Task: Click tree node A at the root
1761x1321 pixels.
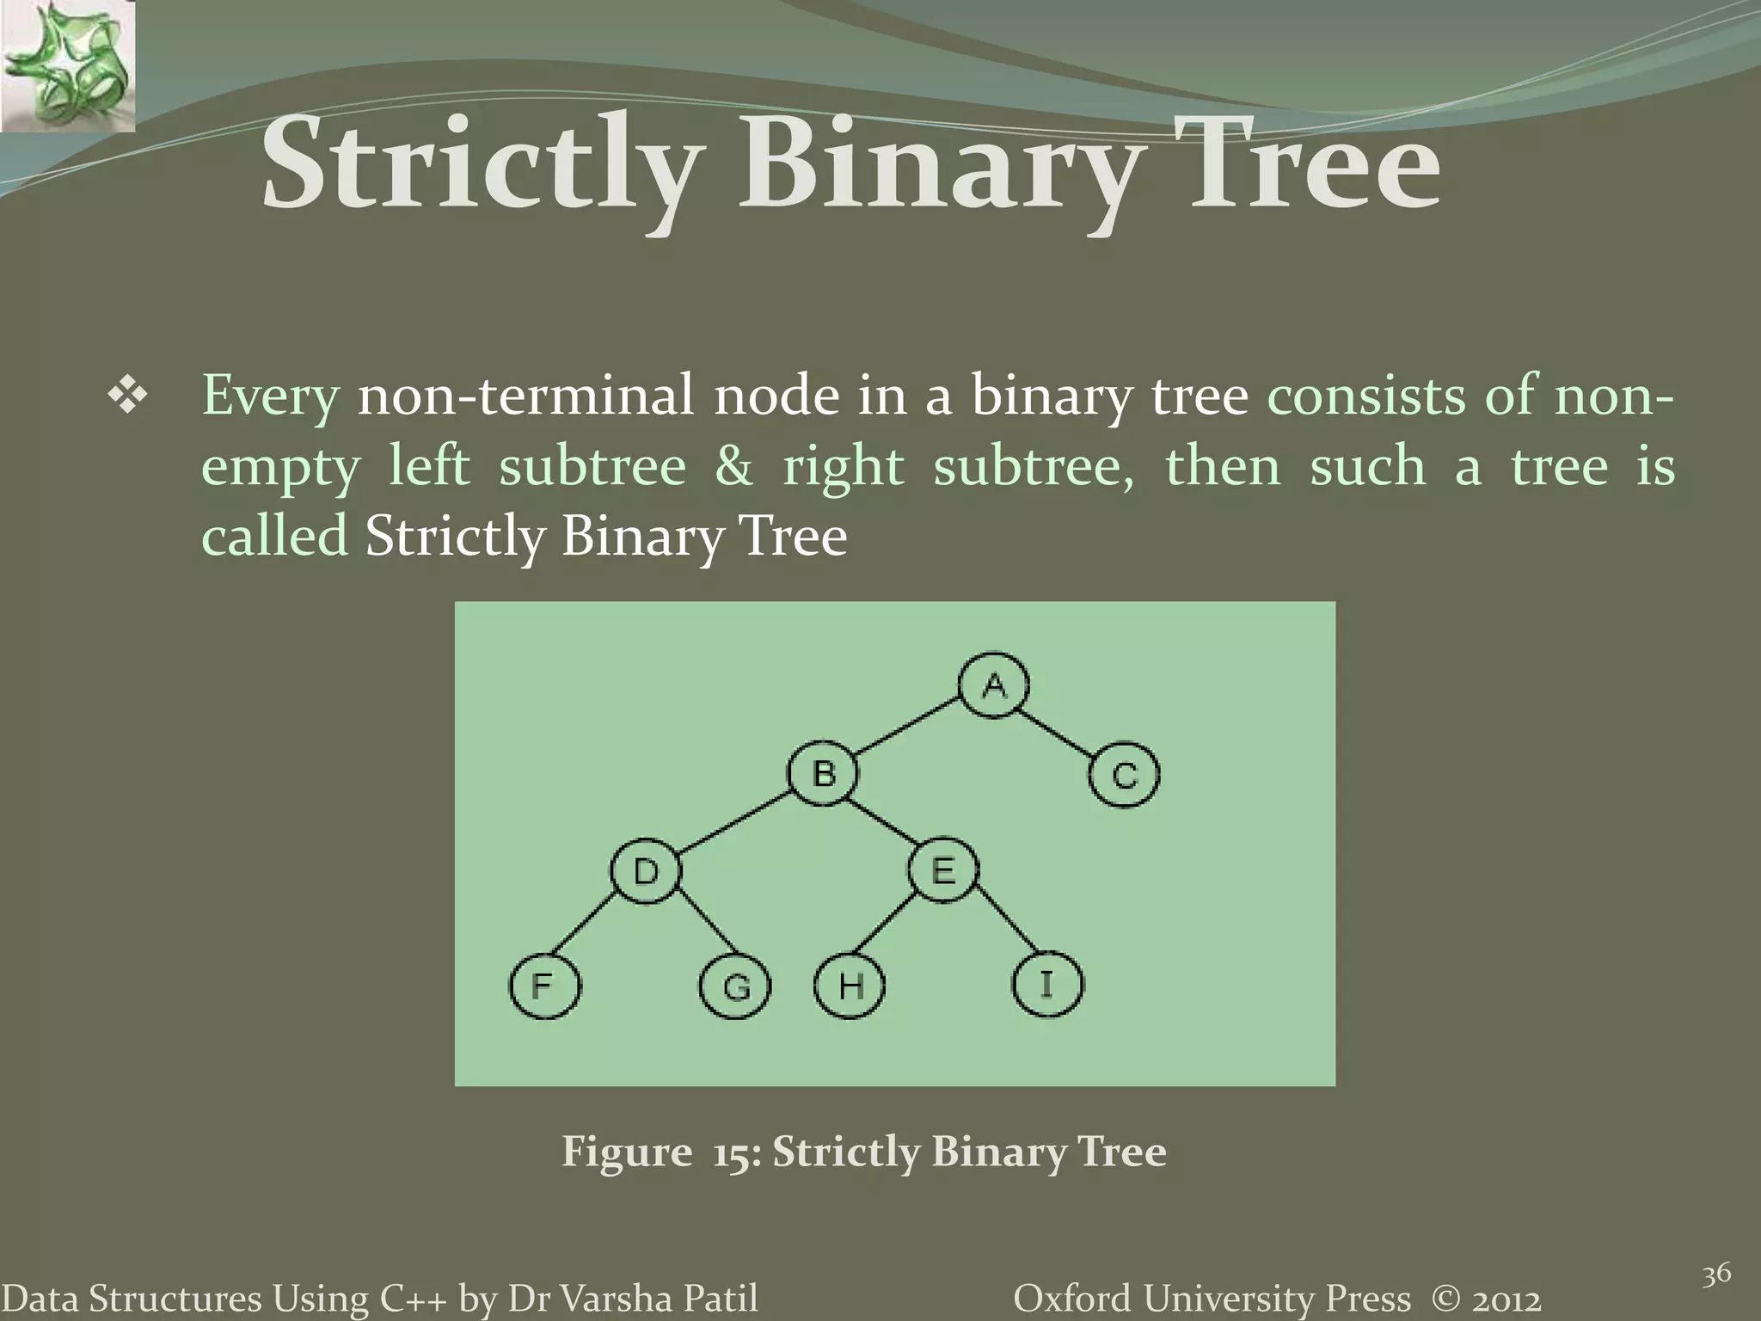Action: [x=994, y=685]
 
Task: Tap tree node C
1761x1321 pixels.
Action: [x=1124, y=775]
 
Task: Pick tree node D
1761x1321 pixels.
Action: [x=646, y=871]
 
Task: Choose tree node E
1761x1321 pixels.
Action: [x=943, y=871]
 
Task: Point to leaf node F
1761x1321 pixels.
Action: [x=544, y=985]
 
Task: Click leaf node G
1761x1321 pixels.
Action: [x=735, y=986]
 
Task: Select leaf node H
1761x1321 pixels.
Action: [x=850, y=985]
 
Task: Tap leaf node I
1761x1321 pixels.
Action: [x=1047, y=983]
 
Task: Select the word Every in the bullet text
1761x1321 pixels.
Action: [x=270, y=397]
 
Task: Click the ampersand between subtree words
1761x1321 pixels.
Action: [x=733, y=467]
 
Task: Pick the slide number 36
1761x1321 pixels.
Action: [x=1716, y=1274]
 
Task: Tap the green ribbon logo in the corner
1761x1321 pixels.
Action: [x=67, y=65]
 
